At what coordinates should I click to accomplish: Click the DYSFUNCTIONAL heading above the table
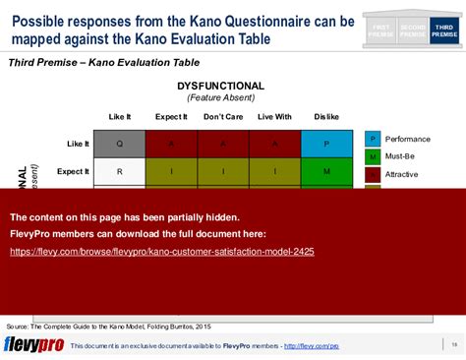[x=220, y=87]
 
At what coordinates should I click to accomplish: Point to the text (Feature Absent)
[x=220, y=98]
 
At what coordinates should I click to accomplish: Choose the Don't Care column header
[x=223, y=117]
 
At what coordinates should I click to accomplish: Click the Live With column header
[x=274, y=117]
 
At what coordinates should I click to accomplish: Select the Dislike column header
[x=326, y=117]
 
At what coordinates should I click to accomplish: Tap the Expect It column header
[x=171, y=117]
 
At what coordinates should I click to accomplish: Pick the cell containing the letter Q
[x=119, y=144]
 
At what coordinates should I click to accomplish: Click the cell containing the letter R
[x=119, y=171]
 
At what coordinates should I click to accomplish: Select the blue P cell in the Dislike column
[x=326, y=144]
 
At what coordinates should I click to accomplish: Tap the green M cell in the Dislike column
[x=326, y=171]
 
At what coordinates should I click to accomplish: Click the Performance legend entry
[x=407, y=140]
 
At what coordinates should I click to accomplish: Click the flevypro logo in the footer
[x=33, y=344]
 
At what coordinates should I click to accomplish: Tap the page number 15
[x=453, y=344]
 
